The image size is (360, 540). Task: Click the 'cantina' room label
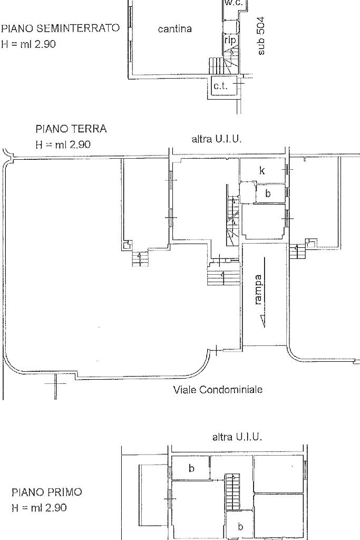pyautogui.click(x=175, y=29)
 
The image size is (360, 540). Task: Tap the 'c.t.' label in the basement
pyautogui.click(x=221, y=86)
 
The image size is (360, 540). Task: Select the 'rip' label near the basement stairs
pyautogui.click(x=230, y=40)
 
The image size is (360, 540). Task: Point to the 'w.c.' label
pyautogui.click(x=233, y=3)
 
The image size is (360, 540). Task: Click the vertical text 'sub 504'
pyautogui.click(x=261, y=36)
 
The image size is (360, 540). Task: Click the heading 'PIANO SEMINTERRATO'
pyautogui.click(x=61, y=28)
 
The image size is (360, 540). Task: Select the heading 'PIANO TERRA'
pyautogui.click(x=71, y=129)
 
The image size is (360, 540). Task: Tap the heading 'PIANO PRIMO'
pyautogui.click(x=47, y=492)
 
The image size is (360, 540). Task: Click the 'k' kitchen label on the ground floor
pyautogui.click(x=262, y=170)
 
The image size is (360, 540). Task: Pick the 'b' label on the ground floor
pyautogui.click(x=268, y=194)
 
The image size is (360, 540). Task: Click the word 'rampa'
pyautogui.click(x=258, y=290)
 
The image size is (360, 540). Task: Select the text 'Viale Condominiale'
pyautogui.click(x=218, y=390)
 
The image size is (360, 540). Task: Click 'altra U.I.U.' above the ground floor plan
pyautogui.click(x=217, y=139)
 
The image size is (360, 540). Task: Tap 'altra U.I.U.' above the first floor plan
pyautogui.click(x=237, y=437)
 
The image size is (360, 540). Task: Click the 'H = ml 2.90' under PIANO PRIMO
pyautogui.click(x=39, y=508)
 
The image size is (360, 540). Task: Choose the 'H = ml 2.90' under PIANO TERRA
pyautogui.click(x=63, y=144)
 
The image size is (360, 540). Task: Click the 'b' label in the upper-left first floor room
pyautogui.click(x=191, y=468)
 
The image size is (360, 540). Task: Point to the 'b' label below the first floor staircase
pyautogui.click(x=240, y=527)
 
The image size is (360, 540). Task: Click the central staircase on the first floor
pyautogui.click(x=232, y=492)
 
